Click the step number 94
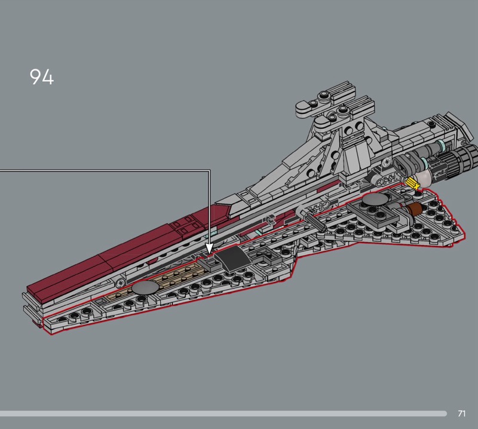click(x=41, y=77)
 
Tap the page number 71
click(x=461, y=413)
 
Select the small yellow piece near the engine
click(x=411, y=183)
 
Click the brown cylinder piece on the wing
click(x=413, y=209)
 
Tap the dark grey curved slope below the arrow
click(x=229, y=258)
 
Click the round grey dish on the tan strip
click(x=146, y=287)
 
